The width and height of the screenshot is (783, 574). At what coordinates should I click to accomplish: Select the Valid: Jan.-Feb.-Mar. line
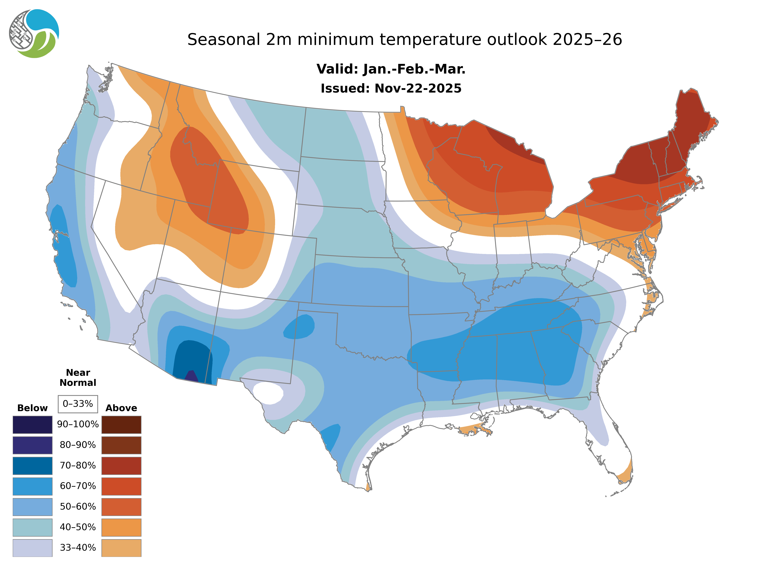[391, 69]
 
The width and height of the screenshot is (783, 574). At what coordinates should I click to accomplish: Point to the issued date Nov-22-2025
[418, 89]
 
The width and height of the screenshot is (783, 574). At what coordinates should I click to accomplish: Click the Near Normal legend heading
[78, 378]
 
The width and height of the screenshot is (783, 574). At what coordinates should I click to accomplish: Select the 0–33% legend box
[78, 404]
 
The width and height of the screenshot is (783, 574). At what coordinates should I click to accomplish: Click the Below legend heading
[32, 408]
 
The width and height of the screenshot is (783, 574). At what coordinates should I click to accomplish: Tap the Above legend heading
[121, 408]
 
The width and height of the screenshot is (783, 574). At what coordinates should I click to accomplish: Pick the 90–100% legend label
[78, 424]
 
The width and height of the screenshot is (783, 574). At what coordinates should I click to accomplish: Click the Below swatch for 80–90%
[32, 445]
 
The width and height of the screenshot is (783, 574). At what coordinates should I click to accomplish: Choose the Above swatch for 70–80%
[121, 466]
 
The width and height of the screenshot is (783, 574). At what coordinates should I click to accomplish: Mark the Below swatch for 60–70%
[32, 486]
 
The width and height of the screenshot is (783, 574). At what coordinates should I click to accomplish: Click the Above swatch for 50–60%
[121, 507]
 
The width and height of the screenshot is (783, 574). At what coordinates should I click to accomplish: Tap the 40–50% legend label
[78, 527]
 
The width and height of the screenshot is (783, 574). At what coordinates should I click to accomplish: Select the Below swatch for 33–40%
[32, 548]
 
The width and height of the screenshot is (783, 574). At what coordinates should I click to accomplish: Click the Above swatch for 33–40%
[121, 548]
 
